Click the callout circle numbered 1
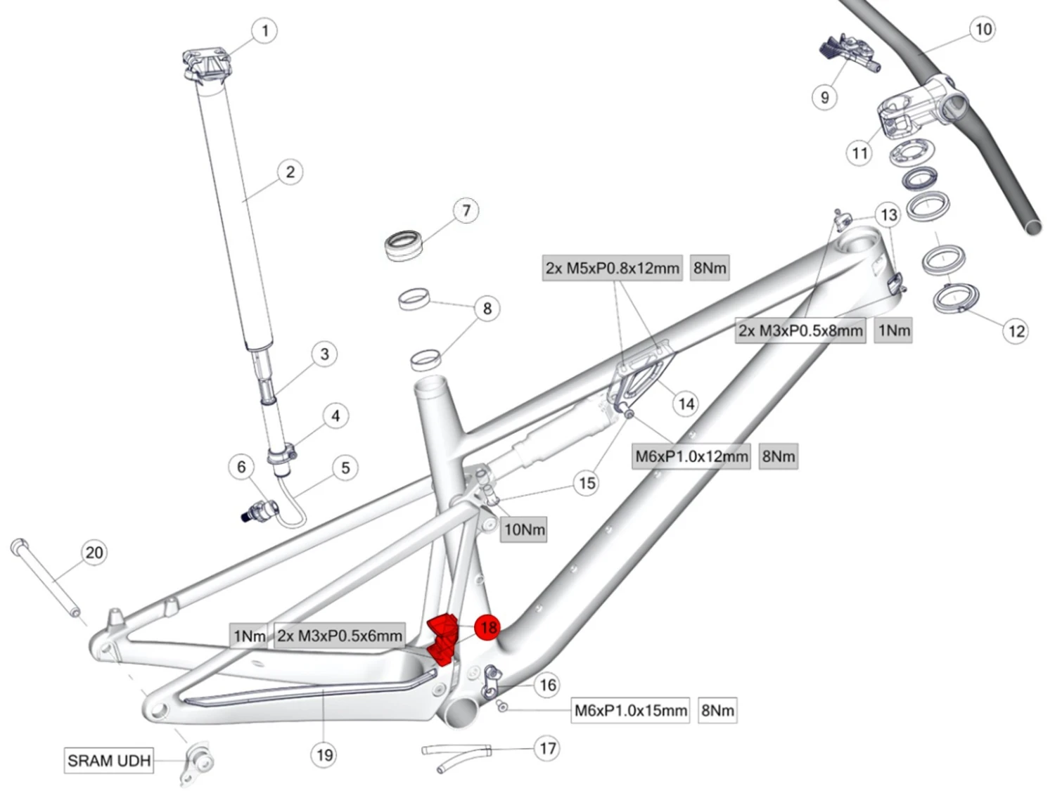(x=264, y=31)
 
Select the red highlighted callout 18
(x=487, y=626)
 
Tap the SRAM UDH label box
(x=109, y=760)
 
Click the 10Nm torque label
(x=524, y=529)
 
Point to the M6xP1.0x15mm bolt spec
(x=631, y=710)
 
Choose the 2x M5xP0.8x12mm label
(x=613, y=268)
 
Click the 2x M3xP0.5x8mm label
(x=800, y=330)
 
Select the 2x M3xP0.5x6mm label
(x=340, y=636)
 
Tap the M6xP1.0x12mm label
(x=691, y=456)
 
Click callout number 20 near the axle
(x=94, y=553)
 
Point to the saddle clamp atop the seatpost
(x=206, y=64)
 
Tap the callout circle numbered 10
(x=983, y=30)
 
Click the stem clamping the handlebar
(x=914, y=105)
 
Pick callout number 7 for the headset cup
(x=466, y=210)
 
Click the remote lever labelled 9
(x=848, y=52)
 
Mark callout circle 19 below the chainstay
(x=324, y=754)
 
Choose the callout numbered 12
(x=1016, y=330)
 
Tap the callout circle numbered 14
(x=686, y=404)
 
